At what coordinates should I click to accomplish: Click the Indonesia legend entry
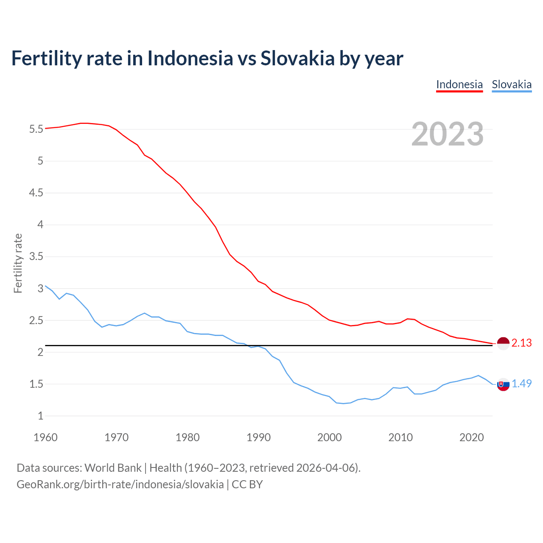tap(459, 84)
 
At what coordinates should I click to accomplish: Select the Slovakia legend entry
tap(512, 84)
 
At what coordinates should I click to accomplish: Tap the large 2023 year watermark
tap(448, 134)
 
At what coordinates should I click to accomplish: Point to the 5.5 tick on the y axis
tap(36, 129)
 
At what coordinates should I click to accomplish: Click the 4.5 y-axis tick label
tap(36, 193)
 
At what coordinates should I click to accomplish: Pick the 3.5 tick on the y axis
tap(36, 257)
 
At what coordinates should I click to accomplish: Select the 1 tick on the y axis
tap(41, 416)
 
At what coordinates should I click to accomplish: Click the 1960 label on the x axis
tap(45, 437)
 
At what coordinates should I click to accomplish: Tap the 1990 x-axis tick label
tap(258, 437)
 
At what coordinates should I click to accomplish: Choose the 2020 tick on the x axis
tap(471, 437)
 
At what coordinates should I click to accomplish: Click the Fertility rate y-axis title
tap(18, 263)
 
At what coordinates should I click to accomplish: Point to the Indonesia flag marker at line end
tap(503, 343)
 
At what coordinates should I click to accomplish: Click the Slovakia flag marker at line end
tap(503, 384)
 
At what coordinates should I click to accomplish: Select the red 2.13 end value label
tap(521, 343)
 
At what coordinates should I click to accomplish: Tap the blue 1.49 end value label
tap(521, 384)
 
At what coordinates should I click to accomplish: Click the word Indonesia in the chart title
tap(190, 58)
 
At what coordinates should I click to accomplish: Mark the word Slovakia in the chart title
tap(297, 58)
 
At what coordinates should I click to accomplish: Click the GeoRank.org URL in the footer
tap(120, 484)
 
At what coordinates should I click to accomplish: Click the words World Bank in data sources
tap(113, 468)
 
